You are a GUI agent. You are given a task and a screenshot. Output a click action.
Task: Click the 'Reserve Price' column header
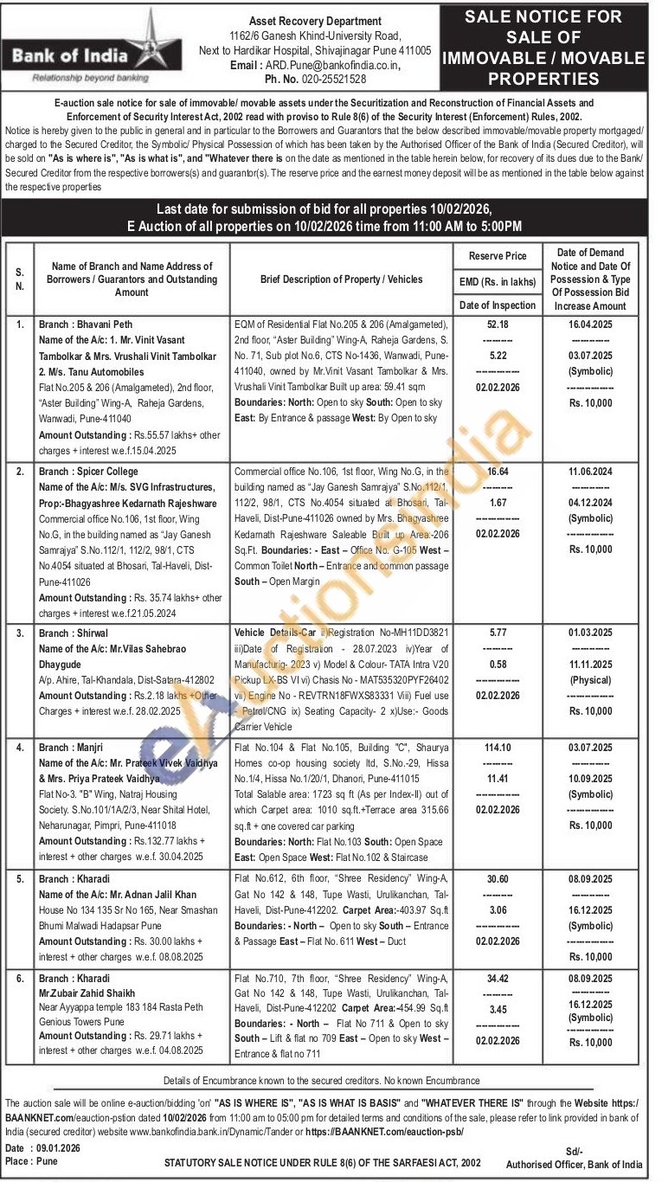click(x=497, y=256)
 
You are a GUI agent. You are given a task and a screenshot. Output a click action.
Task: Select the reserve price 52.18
click(x=497, y=324)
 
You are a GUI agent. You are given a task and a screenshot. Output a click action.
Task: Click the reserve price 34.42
click(x=497, y=979)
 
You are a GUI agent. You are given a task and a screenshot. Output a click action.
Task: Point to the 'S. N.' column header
click(x=19, y=279)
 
